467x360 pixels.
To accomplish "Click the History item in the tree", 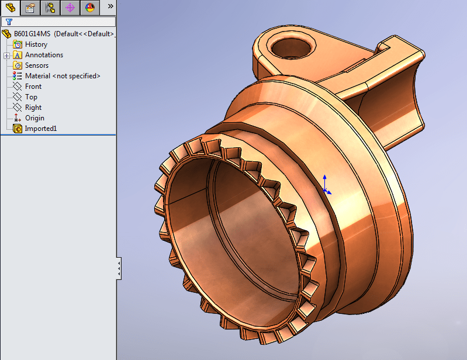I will pyautogui.click(x=36, y=44).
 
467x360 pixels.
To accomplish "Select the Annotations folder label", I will pyautogui.click(x=44, y=55).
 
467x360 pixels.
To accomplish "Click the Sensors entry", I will pyautogui.click(x=36, y=65).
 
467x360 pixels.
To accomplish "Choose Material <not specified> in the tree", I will pyautogui.click(x=63, y=76).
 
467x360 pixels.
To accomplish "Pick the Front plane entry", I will pyautogui.click(x=33, y=86).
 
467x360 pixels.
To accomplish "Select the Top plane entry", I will pyautogui.click(x=31, y=97).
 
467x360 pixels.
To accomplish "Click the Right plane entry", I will pyautogui.click(x=33, y=108).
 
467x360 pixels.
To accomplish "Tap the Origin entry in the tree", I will pyautogui.click(x=34, y=118).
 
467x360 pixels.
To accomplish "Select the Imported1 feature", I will pyautogui.click(x=40, y=129).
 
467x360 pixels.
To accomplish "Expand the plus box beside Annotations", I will pyautogui.click(x=6, y=56).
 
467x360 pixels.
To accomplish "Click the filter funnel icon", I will pyautogui.click(x=9, y=22).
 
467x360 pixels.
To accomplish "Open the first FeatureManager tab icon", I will pyautogui.click(x=11, y=8).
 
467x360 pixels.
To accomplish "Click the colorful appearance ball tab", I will pyautogui.click(x=89, y=8).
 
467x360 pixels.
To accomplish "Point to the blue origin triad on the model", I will pyautogui.click(x=326, y=189).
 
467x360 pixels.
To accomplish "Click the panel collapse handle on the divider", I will pyautogui.click(x=119, y=268).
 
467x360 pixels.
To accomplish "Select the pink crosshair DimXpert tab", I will pyautogui.click(x=70, y=8).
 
